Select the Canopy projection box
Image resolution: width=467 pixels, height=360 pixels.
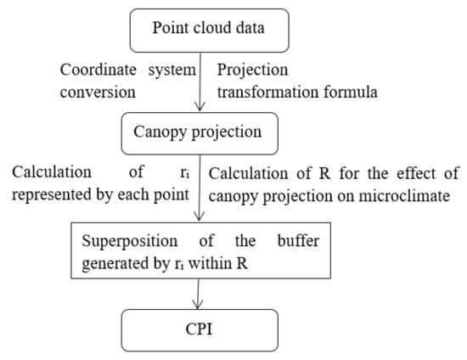click(197, 132)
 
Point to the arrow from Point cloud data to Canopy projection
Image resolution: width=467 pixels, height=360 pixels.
click(197, 81)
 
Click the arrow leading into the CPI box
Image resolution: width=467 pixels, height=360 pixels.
click(197, 293)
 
